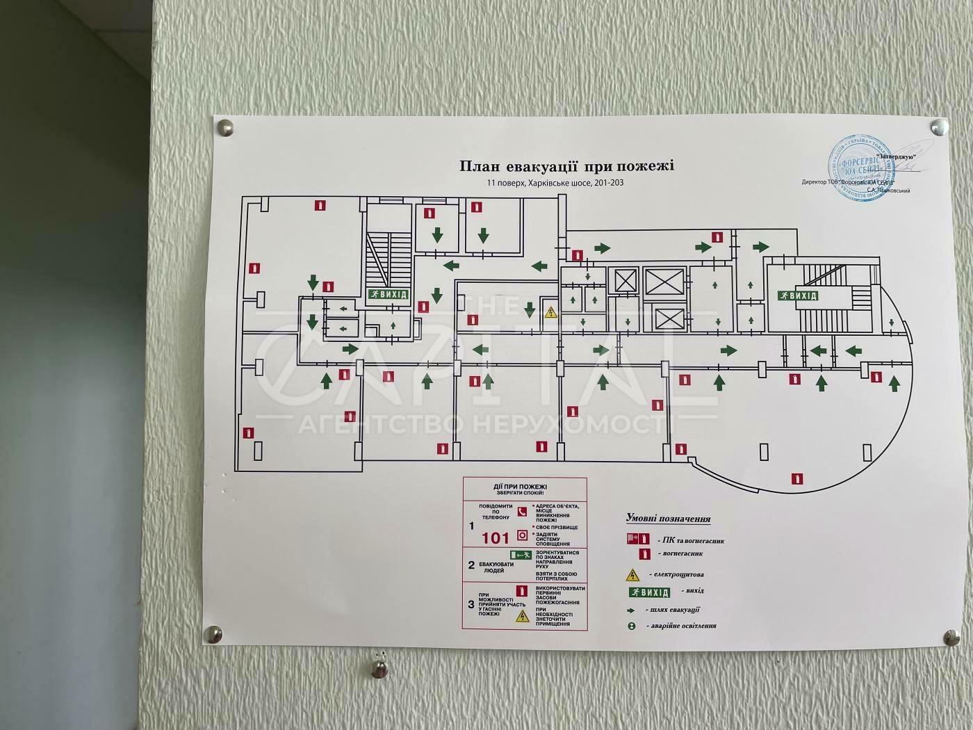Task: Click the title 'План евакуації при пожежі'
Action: pyautogui.click(x=566, y=167)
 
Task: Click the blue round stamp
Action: pyautogui.click(x=859, y=168)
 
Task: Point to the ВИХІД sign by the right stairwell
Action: pyautogui.click(x=798, y=295)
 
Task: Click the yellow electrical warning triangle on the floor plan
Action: pyautogui.click(x=550, y=312)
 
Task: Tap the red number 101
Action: pyautogui.click(x=496, y=537)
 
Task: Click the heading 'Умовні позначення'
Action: pyautogui.click(x=668, y=518)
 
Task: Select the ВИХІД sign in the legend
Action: pyautogui.click(x=649, y=592)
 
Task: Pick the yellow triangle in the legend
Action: pyautogui.click(x=632, y=575)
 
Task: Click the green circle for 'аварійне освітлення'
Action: pyautogui.click(x=632, y=626)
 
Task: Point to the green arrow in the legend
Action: pyautogui.click(x=632, y=609)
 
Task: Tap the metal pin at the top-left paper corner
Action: pyautogui.click(x=225, y=127)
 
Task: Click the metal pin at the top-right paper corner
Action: pyautogui.click(x=940, y=127)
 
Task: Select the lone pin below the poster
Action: pyautogui.click(x=379, y=669)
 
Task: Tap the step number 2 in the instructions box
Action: pyautogui.click(x=472, y=565)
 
